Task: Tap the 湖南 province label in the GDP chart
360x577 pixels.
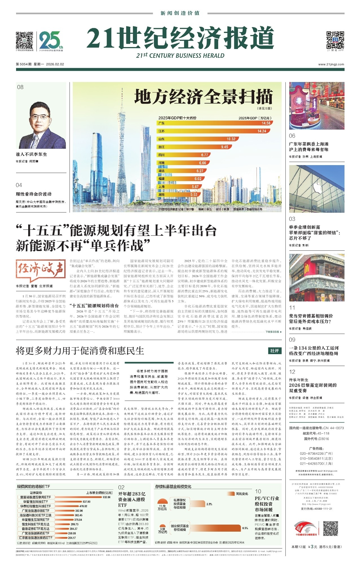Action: tap(162, 195)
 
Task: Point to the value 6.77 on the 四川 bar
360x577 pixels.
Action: tap(205, 155)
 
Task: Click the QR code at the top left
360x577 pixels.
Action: tap(25, 40)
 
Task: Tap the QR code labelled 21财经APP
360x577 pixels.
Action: tap(335, 40)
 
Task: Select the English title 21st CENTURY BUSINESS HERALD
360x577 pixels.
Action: tap(180, 56)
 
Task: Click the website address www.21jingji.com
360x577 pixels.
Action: tap(331, 64)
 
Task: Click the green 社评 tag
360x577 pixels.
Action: tap(274, 351)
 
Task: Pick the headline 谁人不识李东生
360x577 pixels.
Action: tap(32, 154)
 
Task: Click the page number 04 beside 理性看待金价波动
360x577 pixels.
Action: tap(19, 185)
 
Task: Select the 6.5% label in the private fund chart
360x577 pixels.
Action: tap(245, 528)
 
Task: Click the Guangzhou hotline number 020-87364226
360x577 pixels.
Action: tap(316, 454)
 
